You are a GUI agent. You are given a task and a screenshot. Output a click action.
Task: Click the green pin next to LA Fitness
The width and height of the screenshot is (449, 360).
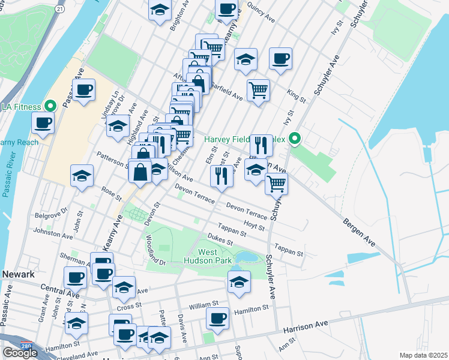click(x=51, y=107)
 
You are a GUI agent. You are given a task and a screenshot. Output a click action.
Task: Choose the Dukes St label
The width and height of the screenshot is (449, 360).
click(x=220, y=239)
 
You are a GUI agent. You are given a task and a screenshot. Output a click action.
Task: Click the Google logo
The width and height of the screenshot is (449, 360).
click(x=20, y=353)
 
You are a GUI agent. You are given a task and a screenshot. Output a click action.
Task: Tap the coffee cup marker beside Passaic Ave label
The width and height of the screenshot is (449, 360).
click(x=84, y=91)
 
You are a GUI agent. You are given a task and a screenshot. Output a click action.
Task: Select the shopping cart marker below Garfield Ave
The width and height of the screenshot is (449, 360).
click(x=258, y=91)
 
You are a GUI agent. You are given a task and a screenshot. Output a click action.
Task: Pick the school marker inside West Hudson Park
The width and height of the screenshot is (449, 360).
click(x=239, y=282)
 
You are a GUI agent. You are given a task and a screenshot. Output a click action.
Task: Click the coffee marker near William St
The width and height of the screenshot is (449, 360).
click(x=217, y=319)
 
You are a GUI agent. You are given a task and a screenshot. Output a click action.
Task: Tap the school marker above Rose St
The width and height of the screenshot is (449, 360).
click(x=82, y=176)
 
